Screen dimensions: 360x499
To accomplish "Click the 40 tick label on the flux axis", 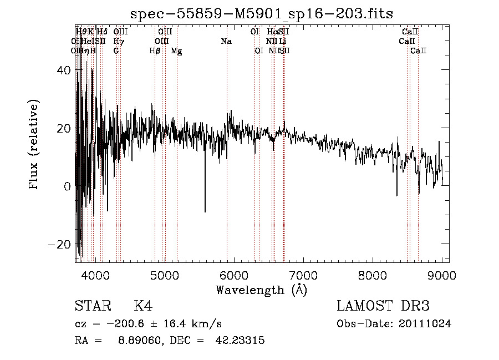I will pos(65,70).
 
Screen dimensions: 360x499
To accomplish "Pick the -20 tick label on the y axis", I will pos(62,245).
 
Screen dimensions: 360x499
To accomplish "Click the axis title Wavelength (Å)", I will pos(261,290).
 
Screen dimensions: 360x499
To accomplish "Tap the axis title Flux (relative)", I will pos(34,145).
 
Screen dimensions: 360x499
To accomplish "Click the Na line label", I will pos(226,41).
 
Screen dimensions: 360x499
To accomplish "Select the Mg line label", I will pos(176,51).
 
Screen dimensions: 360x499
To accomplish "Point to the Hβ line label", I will pos(155,51).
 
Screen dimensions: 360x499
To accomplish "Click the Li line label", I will pos(283,41).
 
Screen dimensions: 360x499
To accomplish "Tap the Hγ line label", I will pos(118,41).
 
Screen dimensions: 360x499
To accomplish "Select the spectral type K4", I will pos(142,306).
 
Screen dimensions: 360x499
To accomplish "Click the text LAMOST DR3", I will pos(383,306).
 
